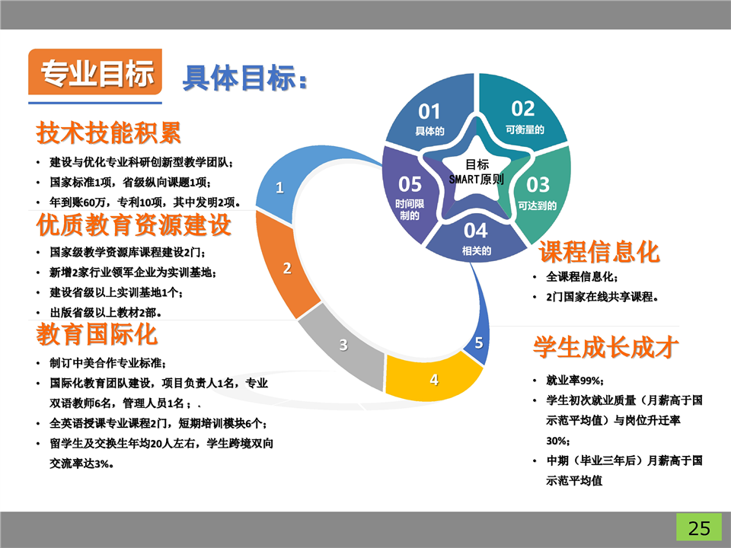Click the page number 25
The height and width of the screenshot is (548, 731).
point(699,528)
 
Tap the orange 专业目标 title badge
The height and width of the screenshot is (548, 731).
point(95,72)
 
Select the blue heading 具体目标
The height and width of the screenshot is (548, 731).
point(244,78)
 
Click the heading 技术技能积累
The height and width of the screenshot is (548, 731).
point(109,132)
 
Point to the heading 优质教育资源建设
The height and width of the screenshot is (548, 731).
point(134,225)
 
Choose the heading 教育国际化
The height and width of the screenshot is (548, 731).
point(97,334)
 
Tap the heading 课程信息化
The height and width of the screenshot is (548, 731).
point(599,252)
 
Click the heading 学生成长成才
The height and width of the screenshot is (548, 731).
point(605,348)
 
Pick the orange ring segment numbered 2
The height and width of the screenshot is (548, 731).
point(283,266)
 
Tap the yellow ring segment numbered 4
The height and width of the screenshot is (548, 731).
point(431,378)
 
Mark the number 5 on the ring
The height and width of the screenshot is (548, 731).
point(479,342)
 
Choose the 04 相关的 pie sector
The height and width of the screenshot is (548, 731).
point(475,237)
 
